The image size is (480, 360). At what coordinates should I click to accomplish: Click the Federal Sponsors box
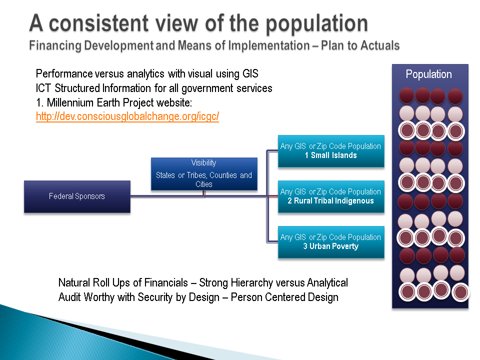[x=77, y=196]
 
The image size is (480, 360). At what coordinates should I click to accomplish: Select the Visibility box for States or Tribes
[x=204, y=174]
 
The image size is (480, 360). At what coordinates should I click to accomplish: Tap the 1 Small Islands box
[x=331, y=151]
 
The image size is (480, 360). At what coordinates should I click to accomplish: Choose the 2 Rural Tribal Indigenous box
[x=331, y=196]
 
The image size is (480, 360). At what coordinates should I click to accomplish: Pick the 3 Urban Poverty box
[x=331, y=242]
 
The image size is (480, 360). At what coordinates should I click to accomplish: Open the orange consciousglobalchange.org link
[x=127, y=116]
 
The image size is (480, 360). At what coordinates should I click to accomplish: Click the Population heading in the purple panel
[x=428, y=74]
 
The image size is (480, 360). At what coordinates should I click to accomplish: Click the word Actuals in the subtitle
[x=380, y=45]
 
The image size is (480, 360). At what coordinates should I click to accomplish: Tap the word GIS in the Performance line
[x=250, y=74]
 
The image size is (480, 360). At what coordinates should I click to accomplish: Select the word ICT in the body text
[x=43, y=88]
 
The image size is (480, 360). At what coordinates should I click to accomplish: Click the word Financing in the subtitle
[x=55, y=45]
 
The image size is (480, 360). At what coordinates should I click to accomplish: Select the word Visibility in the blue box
[x=204, y=163]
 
